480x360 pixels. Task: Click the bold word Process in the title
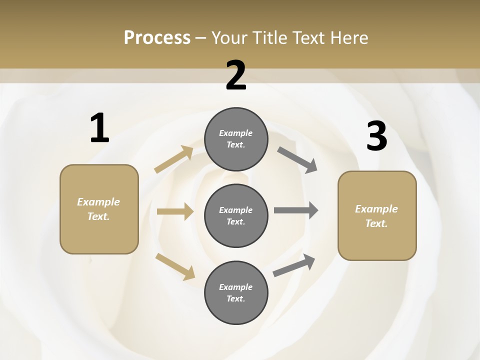tap(157, 37)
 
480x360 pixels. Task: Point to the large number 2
tap(236, 75)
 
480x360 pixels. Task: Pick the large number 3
tap(376, 136)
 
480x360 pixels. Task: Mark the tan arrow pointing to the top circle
tap(174, 159)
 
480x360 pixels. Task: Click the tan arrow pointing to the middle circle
tap(175, 211)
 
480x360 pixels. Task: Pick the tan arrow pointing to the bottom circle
tap(175, 266)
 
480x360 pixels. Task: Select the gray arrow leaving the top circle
tap(297, 159)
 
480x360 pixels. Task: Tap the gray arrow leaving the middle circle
tap(296, 210)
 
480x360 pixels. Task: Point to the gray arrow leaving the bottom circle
tap(294, 265)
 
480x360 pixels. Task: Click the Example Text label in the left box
tap(98, 209)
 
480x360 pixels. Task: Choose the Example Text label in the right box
tap(376, 216)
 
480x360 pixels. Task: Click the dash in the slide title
tap(201, 38)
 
